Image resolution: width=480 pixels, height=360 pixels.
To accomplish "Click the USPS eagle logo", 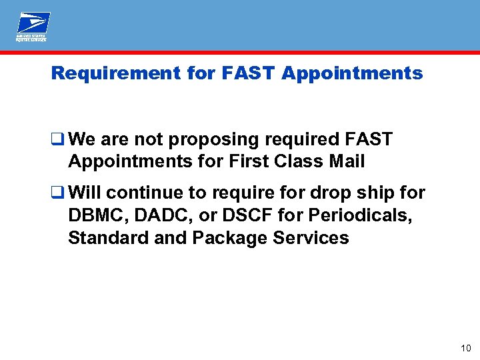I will point(33,25).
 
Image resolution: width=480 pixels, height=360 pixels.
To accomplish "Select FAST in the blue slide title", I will point(245,73).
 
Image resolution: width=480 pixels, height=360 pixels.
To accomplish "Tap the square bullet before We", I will point(58,140).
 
